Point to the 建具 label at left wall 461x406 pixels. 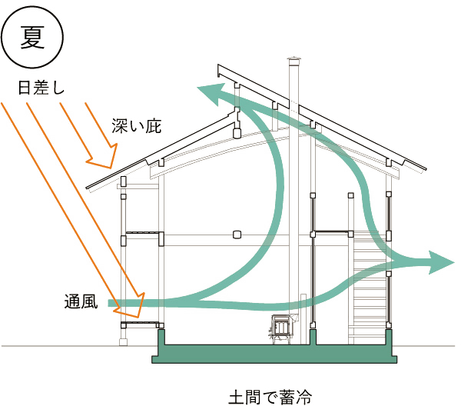pyautogui.click(x=78, y=299)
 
